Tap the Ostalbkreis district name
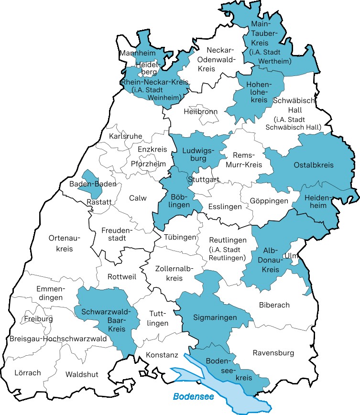[x=313, y=165]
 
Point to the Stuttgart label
[x=204, y=180]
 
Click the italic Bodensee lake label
[x=193, y=396]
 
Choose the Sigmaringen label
[x=215, y=317]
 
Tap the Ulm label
[x=291, y=256]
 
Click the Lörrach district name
[x=28, y=372]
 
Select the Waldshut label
[x=82, y=374]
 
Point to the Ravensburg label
[x=273, y=353]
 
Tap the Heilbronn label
[x=200, y=111]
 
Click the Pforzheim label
[x=148, y=164]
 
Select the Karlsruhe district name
[x=125, y=136]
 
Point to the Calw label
[x=138, y=198]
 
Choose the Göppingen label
[x=269, y=201]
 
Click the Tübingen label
[x=180, y=237]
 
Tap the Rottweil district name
[x=122, y=277]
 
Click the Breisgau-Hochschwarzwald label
[x=58, y=339]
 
